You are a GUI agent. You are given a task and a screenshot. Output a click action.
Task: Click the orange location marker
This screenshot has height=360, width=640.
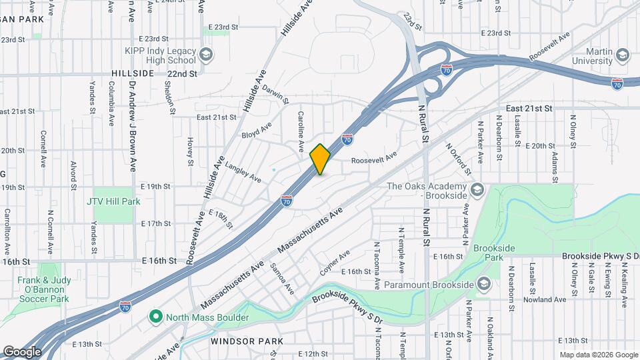pos(320,159)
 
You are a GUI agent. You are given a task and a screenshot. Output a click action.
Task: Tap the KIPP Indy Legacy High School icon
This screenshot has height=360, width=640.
pos(205,54)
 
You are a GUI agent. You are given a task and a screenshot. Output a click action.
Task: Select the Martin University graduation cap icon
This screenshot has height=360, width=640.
pos(623,55)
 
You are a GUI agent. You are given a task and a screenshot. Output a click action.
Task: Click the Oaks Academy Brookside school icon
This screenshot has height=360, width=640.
pos(476,191)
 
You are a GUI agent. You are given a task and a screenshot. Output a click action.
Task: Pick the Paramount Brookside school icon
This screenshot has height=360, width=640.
pos(484,285)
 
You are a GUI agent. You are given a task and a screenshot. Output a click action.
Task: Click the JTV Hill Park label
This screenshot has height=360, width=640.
pos(113,201)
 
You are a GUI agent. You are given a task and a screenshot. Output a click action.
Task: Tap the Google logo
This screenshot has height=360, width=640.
pos(22,351)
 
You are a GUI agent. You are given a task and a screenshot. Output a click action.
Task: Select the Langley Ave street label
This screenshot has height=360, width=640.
pos(243,172)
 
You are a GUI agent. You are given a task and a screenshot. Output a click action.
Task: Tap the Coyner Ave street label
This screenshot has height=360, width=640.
pos(334,263)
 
